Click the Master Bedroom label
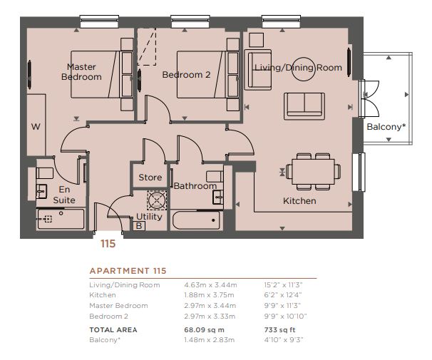pos(81,71)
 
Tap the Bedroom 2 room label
pos(186,75)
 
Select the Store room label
pos(150,177)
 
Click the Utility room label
pos(149,217)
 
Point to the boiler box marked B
pos(139,226)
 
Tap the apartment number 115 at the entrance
pos(108,244)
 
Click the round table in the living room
pos(304,69)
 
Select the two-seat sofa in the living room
pos(304,106)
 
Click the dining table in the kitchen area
pos(313,172)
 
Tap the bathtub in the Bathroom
pos(196,220)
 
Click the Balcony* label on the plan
pos(386,127)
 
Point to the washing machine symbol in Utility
pos(157,200)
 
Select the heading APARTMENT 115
pos(128,271)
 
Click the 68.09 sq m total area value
pos(204,329)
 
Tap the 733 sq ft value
pos(279,329)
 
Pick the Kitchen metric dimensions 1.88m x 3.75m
pos(209,295)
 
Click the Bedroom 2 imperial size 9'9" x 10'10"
pos(285,316)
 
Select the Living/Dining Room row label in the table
pos(125,285)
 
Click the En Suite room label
pos(64,195)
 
